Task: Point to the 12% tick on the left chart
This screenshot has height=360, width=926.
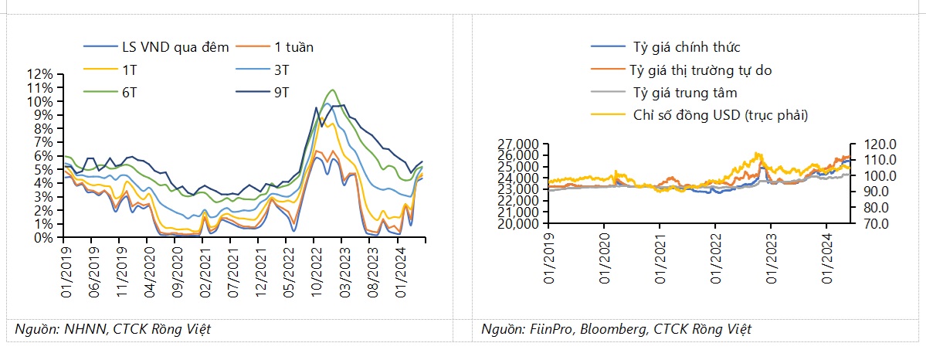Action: (x=39, y=75)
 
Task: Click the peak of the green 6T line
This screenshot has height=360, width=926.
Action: (x=332, y=90)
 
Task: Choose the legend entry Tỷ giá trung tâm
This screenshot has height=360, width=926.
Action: (x=684, y=93)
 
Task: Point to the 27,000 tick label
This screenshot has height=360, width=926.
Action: (x=520, y=144)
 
